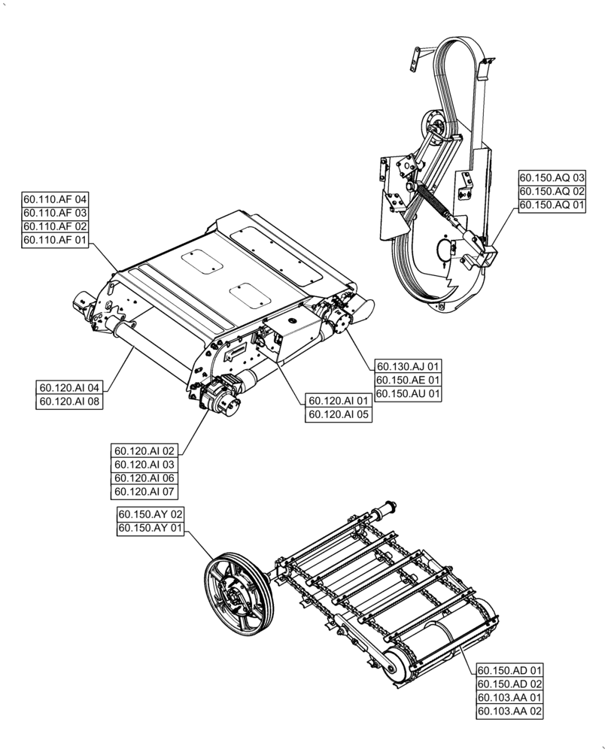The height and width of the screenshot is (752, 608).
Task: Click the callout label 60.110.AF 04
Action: pos(56,199)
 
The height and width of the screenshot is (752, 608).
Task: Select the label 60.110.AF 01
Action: pos(56,240)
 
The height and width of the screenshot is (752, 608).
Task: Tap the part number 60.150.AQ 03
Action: pos(552,177)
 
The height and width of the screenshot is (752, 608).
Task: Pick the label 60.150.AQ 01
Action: pos(552,205)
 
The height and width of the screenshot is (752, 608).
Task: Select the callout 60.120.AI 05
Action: pos(339,414)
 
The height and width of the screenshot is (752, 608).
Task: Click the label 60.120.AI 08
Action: pos(68,401)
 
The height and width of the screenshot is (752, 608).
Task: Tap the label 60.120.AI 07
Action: pos(144,492)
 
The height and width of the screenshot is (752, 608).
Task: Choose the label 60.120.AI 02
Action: pos(144,451)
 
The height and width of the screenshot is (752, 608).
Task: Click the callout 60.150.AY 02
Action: pos(150,514)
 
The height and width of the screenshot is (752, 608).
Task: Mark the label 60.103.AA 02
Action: pos(509,711)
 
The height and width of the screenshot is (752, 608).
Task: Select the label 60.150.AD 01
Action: pos(509,670)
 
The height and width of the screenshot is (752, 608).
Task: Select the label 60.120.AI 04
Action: pos(68,387)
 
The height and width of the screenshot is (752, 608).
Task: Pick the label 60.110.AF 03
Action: pos(56,213)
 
